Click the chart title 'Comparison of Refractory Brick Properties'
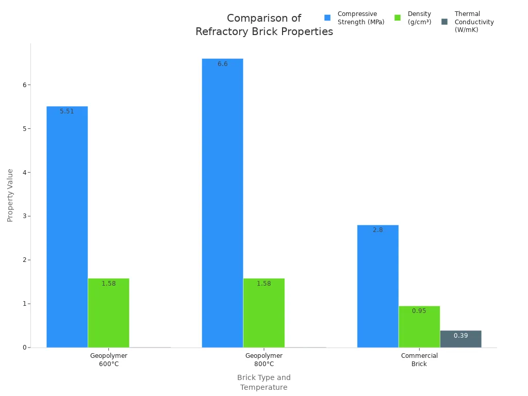tap(264, 25)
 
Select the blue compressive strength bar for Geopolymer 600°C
tap(67, 227)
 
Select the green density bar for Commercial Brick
tap(419, 327)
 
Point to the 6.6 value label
tap(222, 64)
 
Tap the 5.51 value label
tap(67, 111)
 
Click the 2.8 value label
tap(377, 230)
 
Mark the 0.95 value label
tap(419, 311)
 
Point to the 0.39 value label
tap(460, 336)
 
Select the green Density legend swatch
tap(398, 18)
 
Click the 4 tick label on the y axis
tap(23, 172)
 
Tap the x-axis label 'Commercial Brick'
tap(419, 359)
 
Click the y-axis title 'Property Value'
tap(10, 195)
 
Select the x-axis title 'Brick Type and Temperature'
tap(263, 382)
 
